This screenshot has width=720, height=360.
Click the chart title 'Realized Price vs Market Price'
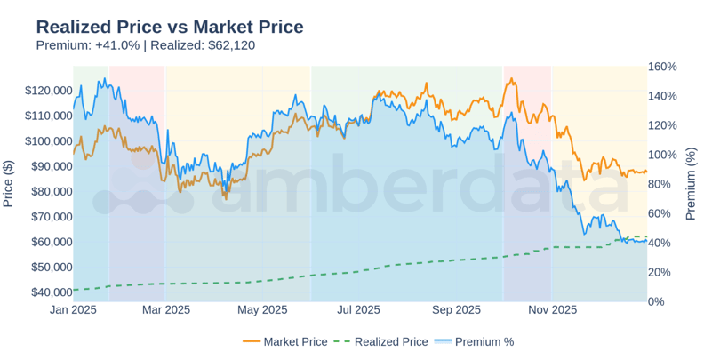[x=170, y=27]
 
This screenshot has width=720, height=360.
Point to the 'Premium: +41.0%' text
[x=87, y=45]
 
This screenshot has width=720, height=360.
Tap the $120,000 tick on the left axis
[x=49, y=91]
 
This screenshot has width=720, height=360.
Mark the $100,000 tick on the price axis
[x=49, y=141]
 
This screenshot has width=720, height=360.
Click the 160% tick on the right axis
[x=662, y=67]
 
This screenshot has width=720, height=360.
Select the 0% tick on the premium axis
[x=656, y=301]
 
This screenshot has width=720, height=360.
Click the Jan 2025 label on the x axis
[x=73, y=310]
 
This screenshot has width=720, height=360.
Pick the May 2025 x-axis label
[x=262, y=310]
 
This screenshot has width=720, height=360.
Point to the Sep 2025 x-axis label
[x=456, y=310]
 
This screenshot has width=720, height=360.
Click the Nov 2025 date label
[x=552, y=310]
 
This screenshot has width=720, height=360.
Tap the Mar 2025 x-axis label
[x=166, y=310]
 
